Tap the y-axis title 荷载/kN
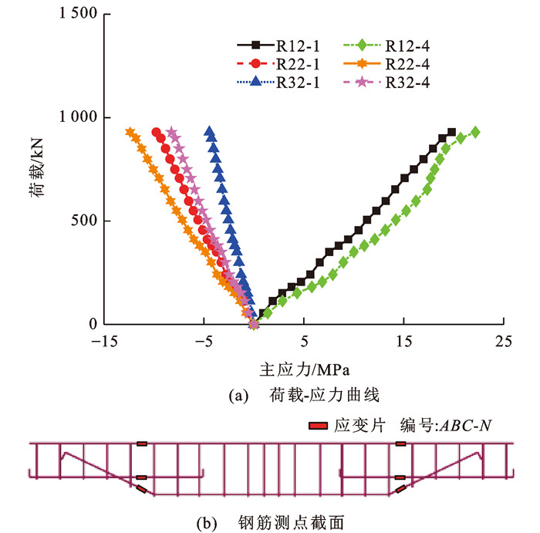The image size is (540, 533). point(37,169)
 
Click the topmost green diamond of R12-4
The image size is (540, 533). point(475,132)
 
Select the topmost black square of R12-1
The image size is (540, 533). point(451,133)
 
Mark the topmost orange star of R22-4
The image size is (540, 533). point(130,132)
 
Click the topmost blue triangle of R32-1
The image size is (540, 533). point(209,131)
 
